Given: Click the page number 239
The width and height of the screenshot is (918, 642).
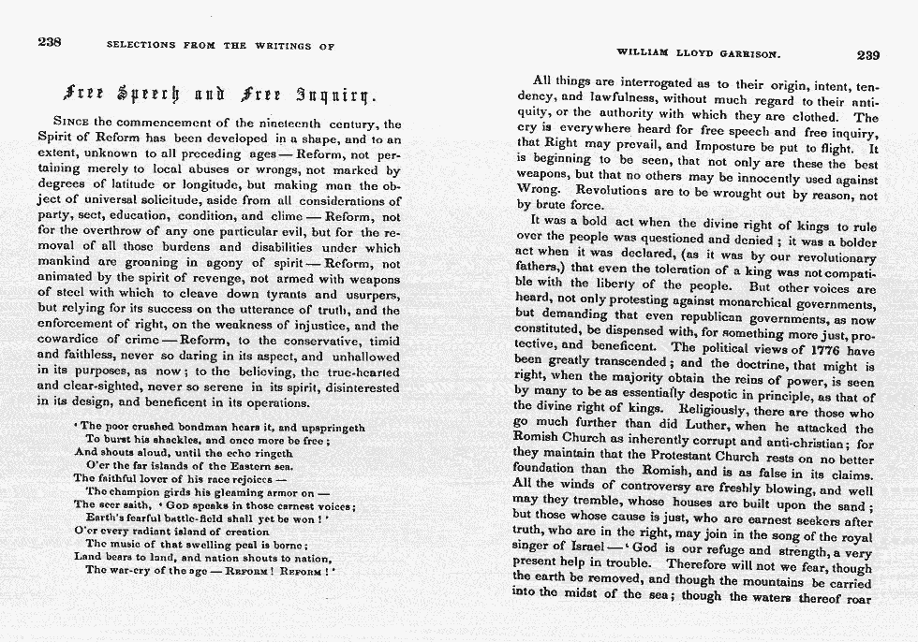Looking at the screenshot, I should coord(867,55).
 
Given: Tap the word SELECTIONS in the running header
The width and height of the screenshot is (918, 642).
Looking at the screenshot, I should coord(144,45).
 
